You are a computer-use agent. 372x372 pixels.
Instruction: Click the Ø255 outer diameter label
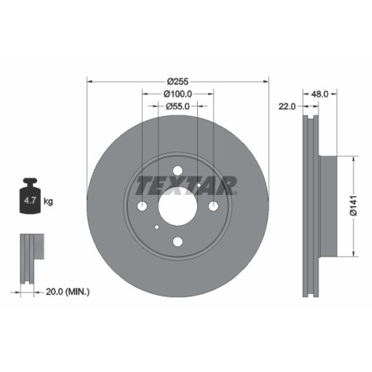click(x=177, y=81)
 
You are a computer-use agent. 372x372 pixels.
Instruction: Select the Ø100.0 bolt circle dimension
click(x=177, y=94)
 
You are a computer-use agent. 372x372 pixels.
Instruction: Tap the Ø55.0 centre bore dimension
click(x=177, y=107)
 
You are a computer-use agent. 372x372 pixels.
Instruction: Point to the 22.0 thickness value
click(x=288, y=106)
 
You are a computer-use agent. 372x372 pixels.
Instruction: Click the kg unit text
click(x=48, y=201)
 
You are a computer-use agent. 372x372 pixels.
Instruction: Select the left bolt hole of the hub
click(x=142, y=206)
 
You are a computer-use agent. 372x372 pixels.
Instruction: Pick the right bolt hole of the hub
click(x=213, y=206)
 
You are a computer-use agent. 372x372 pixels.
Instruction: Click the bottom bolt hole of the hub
click(x=177, y=241)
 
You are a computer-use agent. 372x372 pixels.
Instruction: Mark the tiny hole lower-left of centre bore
click(x=157, y=227)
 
